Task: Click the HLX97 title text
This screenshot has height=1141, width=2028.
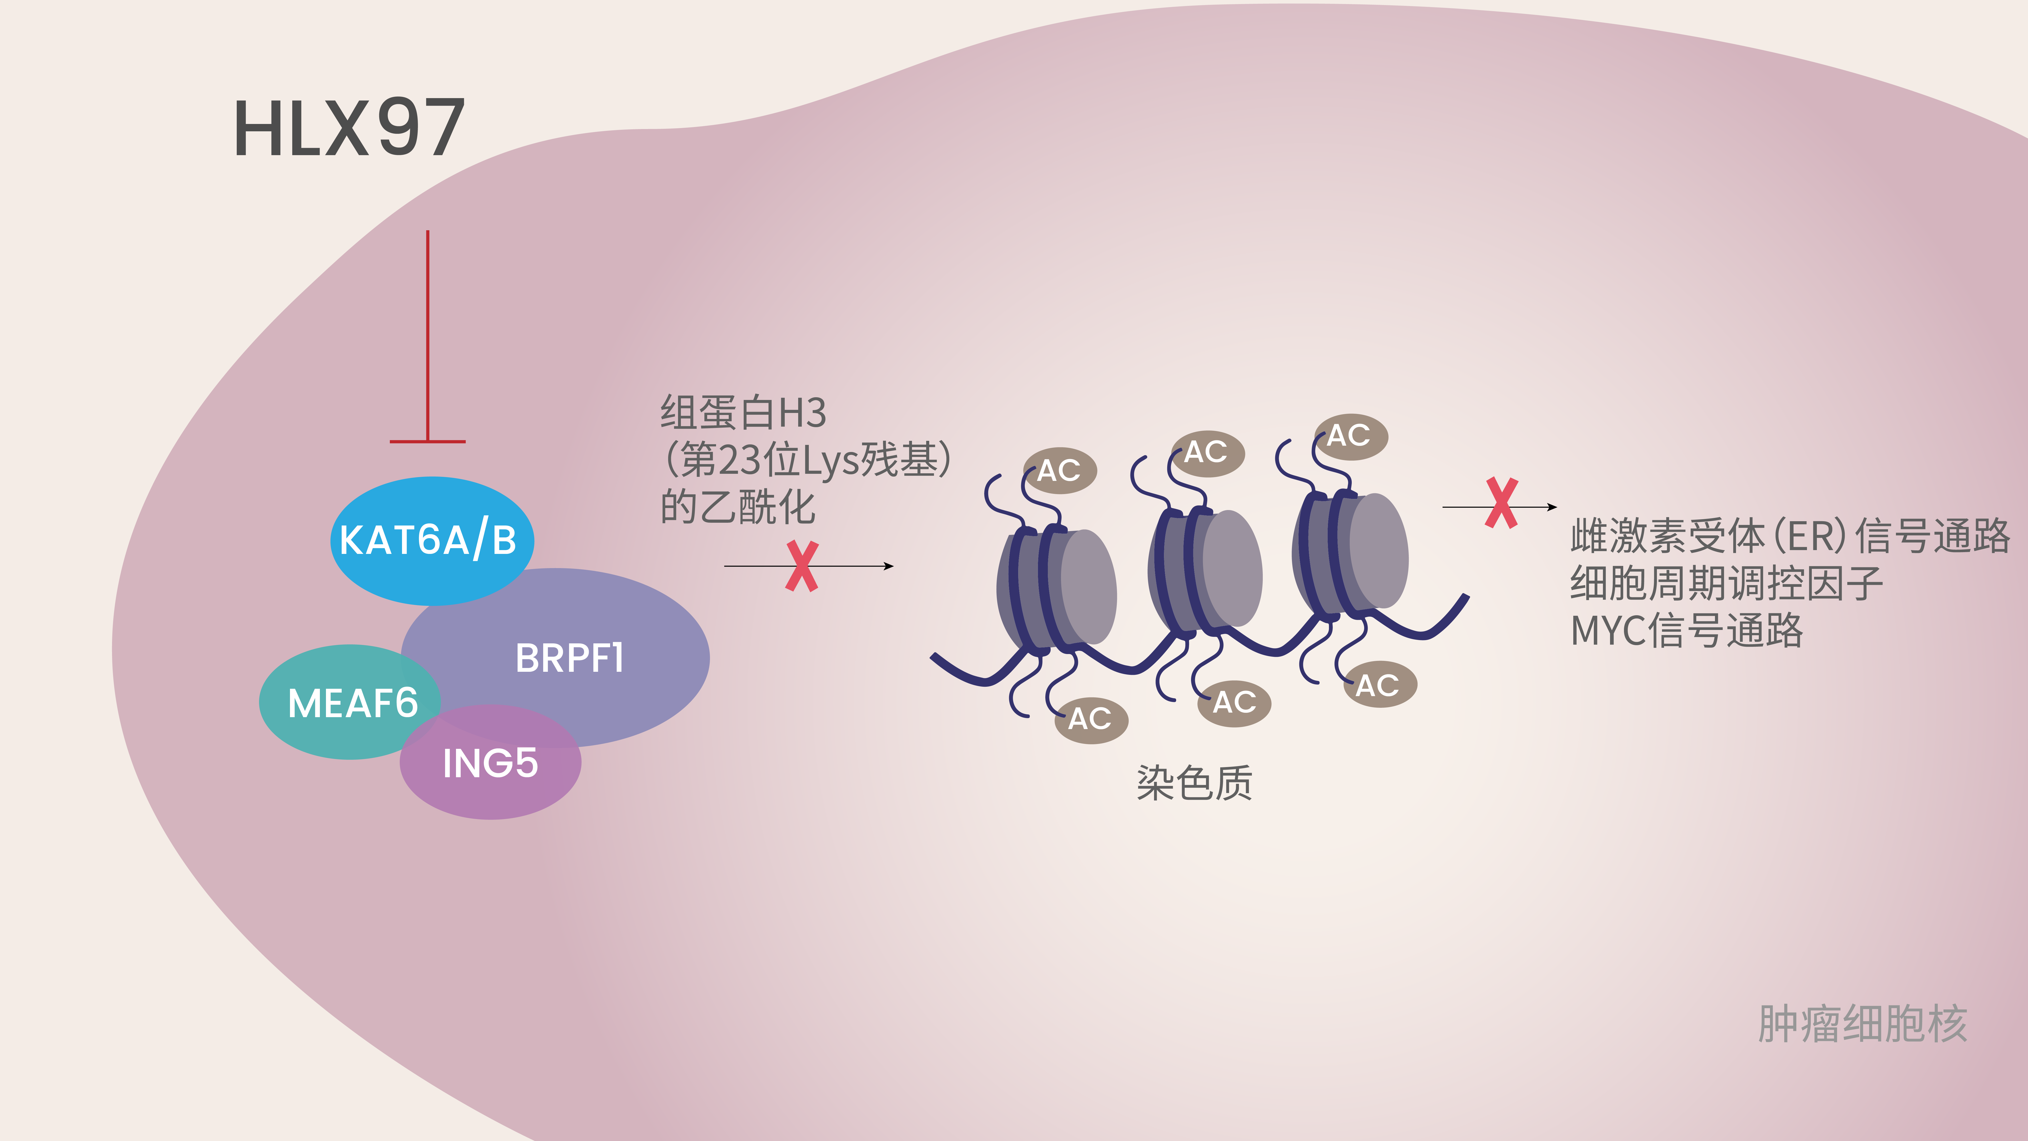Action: (x=349, y=128)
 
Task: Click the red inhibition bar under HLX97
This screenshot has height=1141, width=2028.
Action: (x=428, y=441)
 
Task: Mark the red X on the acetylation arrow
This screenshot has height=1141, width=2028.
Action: (x=801, y=566)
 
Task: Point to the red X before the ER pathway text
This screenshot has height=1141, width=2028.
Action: (x=1501, y=503)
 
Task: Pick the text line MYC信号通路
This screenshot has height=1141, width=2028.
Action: (x=1686, y=630)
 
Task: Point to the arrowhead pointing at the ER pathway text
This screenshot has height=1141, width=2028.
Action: (x=1552, y=507)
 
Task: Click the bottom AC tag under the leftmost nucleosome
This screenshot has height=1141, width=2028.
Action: (x=1091, y=719)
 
